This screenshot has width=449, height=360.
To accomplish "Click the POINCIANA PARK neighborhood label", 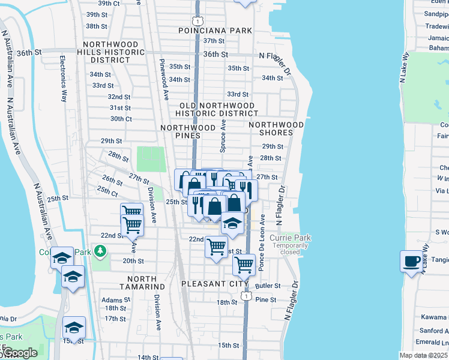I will point(214,30).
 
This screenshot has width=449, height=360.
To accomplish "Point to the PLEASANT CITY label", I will point(214,283).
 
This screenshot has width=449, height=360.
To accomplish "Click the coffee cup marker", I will point(412,261).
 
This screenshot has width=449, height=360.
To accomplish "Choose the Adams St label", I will point(112,299).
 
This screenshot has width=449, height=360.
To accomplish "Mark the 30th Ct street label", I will point(121,119).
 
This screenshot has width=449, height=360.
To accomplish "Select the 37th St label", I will point(213,41).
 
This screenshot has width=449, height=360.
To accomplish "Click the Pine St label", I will point(265,299).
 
